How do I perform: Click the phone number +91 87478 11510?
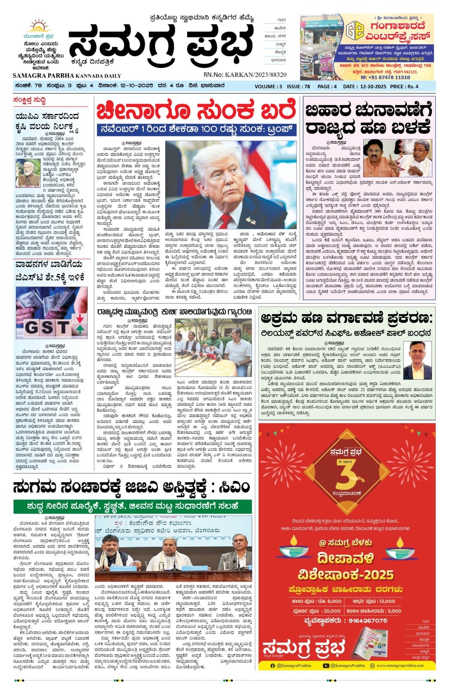(385, 77)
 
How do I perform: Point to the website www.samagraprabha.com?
(400, 666)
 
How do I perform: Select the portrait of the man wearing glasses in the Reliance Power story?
(417, 361)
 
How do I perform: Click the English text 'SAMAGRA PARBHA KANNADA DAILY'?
(67, 75)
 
